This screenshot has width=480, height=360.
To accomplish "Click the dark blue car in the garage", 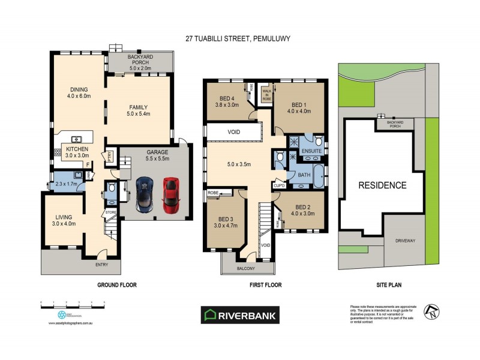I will pyautogui.click(x=145, y=194).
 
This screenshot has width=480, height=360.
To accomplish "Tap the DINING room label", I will pyautogui.click(x=78, y=91).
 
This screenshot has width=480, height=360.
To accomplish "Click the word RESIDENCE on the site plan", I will pyautogui.click(x=382, y=185).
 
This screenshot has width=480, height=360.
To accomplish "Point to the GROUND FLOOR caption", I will pyautogui.click(x=117, y=286).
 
